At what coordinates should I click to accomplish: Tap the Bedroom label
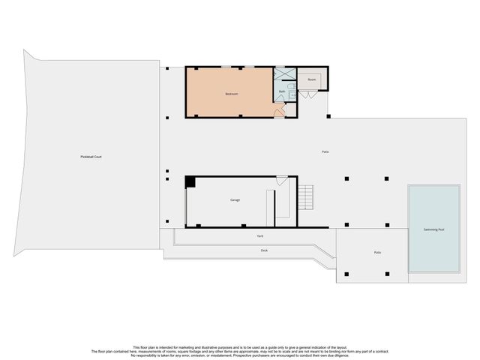click(231, 94)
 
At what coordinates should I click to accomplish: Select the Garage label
click(235, 200)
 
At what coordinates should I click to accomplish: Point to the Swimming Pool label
click(433, 229)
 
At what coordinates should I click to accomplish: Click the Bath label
click(282, 91)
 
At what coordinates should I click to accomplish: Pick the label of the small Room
click(311, 79)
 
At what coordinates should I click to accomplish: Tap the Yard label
click(259, 236)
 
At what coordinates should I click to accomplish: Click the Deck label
click(264, 250)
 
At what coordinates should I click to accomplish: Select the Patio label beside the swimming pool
click(377, 252)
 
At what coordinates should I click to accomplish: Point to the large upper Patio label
click(325, 152)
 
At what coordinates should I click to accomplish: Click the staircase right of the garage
click(305, 198)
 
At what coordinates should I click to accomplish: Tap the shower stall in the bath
click(284, 73)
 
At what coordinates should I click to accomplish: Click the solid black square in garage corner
click(190, 181)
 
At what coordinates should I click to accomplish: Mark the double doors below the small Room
click(308, 94)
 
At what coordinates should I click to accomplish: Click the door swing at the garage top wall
click(281, 181)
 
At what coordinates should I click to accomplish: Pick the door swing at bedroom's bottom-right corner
click(278, 113)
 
